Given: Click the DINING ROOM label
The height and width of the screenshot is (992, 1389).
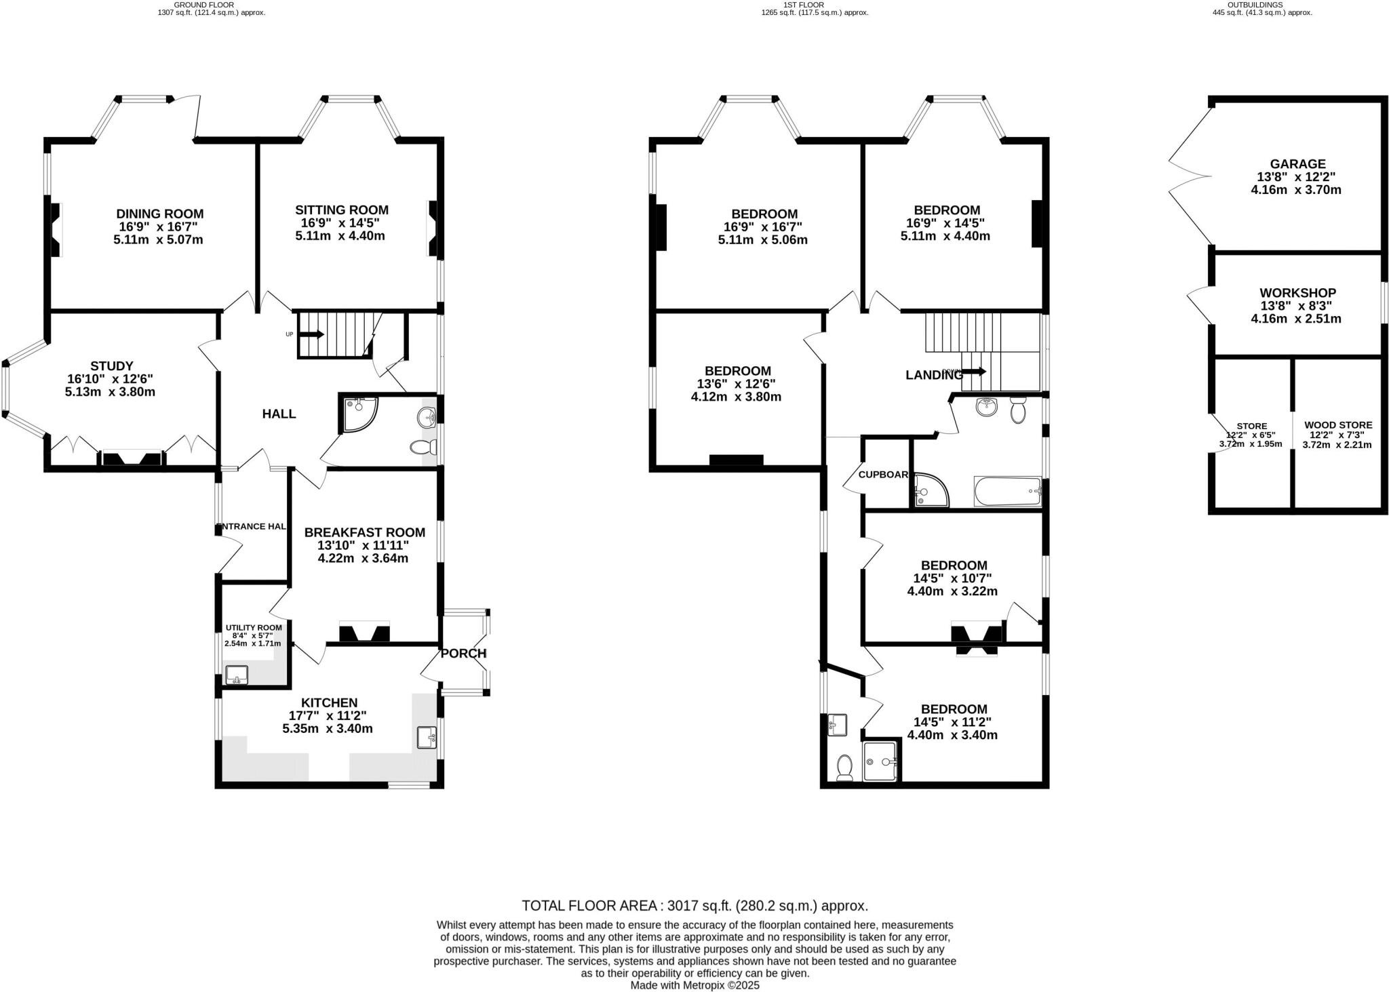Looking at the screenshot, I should (x=159, y=214).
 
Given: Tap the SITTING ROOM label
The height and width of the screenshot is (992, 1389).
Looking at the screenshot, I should (x=341, y=210).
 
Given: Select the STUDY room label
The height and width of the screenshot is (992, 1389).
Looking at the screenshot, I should (x=112, y=366).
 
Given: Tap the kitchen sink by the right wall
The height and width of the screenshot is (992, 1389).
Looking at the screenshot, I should (x=426, y=737).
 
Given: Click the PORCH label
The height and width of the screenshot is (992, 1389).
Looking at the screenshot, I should (x=463, y=654).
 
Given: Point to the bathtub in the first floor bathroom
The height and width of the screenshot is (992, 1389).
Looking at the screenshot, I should (x=1007, y=491).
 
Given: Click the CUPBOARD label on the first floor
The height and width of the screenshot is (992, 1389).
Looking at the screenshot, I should (x=884, y=475).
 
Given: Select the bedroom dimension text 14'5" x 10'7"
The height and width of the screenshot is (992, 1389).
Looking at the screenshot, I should (x=952, y=578).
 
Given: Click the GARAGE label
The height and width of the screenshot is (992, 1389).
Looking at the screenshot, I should (x=1297, y=164).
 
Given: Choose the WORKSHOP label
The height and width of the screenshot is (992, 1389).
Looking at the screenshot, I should (x=1297, y=293).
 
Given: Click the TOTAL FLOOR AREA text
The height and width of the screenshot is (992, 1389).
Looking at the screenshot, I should (x=694, y=906).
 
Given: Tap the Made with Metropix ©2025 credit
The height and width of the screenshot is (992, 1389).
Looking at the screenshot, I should (x=694, y=985).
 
